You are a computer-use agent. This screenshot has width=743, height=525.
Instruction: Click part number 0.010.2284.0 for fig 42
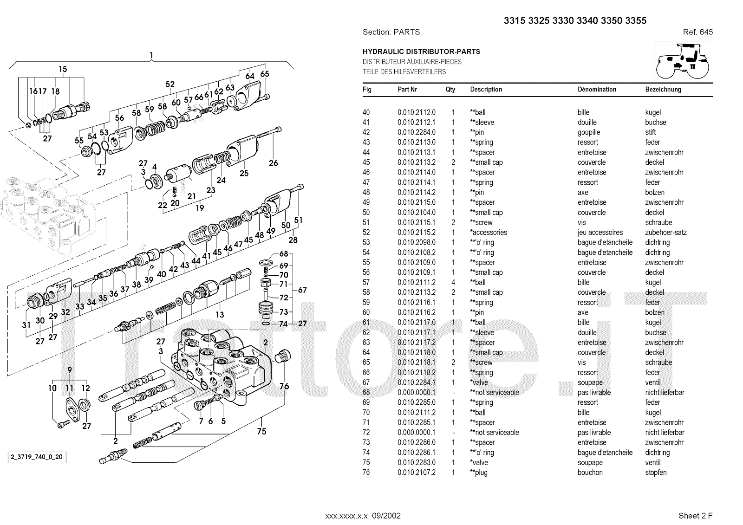(x=417, y=132)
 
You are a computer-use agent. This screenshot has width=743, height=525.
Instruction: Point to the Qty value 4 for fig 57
(x=453, y=282)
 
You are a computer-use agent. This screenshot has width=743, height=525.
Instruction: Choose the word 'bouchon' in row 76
(x=590, y=473)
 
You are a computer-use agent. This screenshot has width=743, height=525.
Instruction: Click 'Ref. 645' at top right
(x=697, y=32)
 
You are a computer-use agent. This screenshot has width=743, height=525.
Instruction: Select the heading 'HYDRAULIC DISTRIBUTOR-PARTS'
(x=421, y=52)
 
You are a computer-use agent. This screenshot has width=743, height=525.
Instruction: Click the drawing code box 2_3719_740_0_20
(x=36, y=457)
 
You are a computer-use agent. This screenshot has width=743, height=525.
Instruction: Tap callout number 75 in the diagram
(x=261, y=431)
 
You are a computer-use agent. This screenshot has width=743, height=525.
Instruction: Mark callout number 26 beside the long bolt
(x=274, y=162)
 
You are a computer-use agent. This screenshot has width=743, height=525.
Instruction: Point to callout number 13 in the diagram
(x=220, y=314)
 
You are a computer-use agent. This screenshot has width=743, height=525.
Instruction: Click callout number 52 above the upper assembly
(x=170, y=84)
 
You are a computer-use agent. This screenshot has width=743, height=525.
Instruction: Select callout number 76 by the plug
(x=284, y=386)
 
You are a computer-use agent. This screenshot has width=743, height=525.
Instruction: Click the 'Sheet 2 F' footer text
(x=695, y=515)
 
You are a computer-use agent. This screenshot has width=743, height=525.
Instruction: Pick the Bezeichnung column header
(x=663, y=90)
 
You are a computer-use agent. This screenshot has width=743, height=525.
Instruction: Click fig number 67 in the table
(x=366, y=382)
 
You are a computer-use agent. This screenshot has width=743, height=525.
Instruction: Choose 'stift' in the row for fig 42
(x=650, y=132)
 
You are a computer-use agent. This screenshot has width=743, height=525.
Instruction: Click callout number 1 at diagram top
(x=151, y=56)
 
